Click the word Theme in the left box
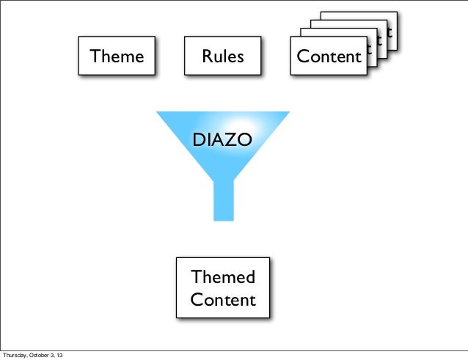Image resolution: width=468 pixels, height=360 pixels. [x=117, y=56]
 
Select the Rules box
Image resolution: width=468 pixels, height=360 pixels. [x=223, y=56]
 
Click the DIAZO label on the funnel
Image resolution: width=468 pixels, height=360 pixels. [x=222, y=139]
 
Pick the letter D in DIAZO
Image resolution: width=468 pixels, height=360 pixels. [x=197, y=139]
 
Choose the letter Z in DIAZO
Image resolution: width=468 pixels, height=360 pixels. [x=232, y=139]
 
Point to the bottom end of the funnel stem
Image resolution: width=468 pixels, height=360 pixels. [x=223, y=218]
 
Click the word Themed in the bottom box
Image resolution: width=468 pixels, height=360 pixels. [x=223, y=277]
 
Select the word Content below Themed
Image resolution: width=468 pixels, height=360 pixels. [x=223, y=300]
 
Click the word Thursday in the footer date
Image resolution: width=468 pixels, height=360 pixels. [x=15, y=356]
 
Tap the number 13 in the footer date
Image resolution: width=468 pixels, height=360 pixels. [x=59, y=356]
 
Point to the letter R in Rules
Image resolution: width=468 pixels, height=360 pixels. [x=208, y=56]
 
